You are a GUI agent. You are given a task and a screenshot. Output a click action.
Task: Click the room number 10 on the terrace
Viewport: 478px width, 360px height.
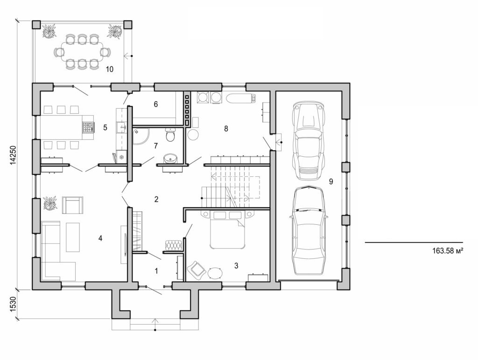click(110, 69)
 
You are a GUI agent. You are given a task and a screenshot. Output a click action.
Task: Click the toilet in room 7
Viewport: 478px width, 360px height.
click(170, 136)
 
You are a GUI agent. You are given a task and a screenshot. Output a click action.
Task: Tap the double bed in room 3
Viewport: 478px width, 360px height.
click(227, 231)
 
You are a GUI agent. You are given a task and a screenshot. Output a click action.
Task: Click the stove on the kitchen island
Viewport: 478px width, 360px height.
click(88, 126)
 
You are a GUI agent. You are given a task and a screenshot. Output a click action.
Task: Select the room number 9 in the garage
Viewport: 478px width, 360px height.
click(330, 182)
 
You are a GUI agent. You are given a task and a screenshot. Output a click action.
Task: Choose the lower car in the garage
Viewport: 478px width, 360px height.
click(308, 231)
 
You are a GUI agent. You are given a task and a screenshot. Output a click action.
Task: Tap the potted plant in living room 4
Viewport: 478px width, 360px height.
click(50, 203)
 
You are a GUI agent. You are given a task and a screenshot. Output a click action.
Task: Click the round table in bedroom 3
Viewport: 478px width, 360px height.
click(216, 272)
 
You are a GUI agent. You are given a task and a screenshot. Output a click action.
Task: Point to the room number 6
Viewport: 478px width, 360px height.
click(155, 104)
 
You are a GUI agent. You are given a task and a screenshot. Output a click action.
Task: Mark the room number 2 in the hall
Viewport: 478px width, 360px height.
click(156, 200)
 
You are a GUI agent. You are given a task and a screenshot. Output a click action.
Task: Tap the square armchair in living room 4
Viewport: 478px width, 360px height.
click(72, 205)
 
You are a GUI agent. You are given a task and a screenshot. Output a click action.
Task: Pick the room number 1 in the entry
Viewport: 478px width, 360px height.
click(156, 270)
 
